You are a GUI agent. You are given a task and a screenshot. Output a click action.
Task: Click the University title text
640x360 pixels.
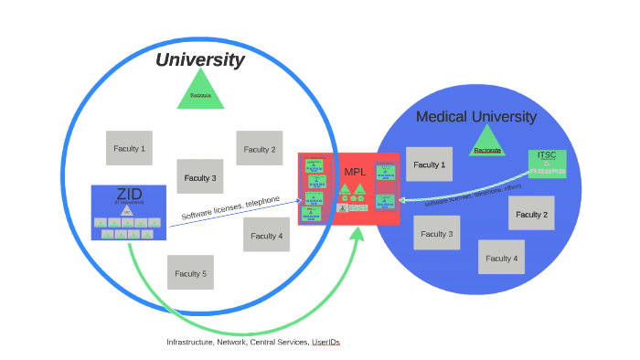pos(199,60)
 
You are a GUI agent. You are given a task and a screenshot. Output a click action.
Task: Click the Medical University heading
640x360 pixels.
pos(475,117)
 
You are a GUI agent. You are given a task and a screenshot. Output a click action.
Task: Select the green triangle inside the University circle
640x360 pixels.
pos(200,91)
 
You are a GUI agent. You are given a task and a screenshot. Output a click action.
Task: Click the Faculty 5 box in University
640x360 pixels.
pos(190,273)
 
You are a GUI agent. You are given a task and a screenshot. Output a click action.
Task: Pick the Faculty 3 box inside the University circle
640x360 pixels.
pos(200,177)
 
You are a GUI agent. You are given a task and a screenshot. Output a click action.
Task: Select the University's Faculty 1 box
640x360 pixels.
pos(129,148)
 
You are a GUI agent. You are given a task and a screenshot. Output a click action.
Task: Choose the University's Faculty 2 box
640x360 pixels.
pos(260,149)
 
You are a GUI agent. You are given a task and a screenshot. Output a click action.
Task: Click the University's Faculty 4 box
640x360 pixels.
pos(266,236)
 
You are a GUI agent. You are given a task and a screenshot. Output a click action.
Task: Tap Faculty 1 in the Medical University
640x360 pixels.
pos(429,165)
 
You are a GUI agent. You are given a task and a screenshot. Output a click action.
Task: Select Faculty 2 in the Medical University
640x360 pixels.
pos(531,215)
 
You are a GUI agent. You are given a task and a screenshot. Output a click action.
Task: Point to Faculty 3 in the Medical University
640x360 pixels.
pos(436,234)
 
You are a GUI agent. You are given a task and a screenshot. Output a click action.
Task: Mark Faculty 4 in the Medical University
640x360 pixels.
pos(501,258)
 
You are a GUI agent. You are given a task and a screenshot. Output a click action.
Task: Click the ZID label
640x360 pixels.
pos(129,194)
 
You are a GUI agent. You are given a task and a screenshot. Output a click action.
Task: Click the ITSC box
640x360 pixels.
pos(547,164)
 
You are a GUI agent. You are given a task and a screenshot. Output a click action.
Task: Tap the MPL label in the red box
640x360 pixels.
pos(354,172)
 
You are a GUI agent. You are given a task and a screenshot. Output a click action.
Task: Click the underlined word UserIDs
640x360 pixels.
pos(325,342)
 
